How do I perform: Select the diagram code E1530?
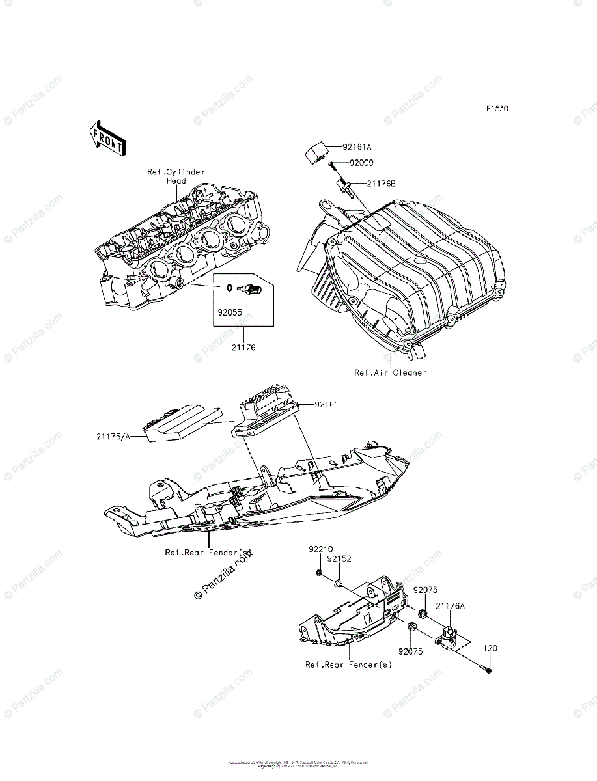496,109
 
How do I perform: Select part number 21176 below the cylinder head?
243,348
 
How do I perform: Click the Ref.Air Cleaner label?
390,373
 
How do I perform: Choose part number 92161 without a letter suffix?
326,404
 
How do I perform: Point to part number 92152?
339,558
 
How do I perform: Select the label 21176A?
450,606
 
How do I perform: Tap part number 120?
490,649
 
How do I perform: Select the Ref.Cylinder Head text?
176,176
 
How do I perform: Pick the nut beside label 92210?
322,573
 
